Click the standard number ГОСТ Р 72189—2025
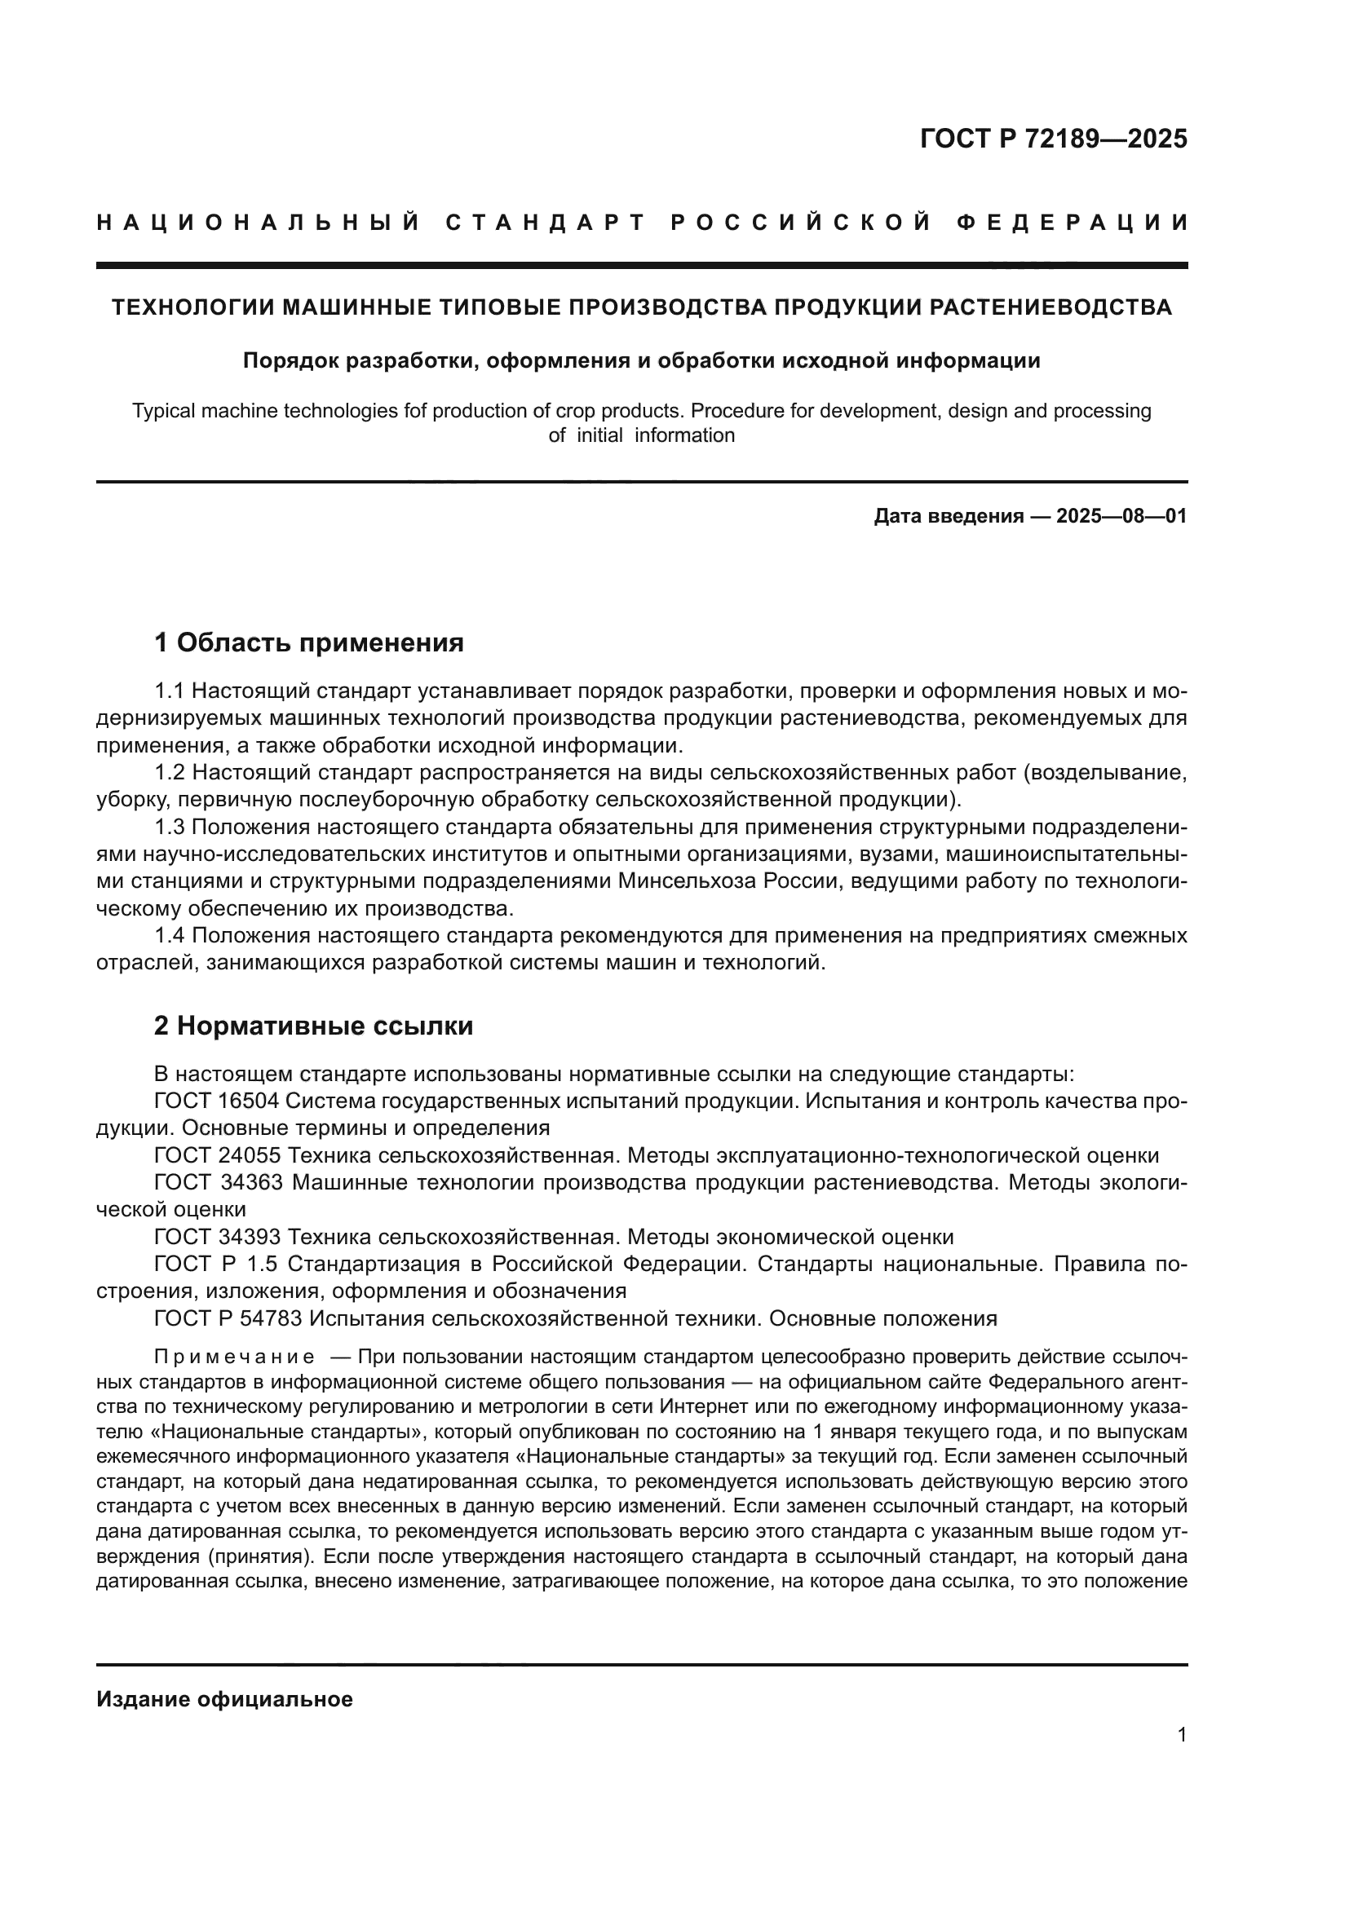(x=1053, y=139)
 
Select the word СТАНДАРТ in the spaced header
(x=546, y=223)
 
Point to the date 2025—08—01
(x=1121, y=517)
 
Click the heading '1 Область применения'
(x=309, y=642)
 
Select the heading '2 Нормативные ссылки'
(x=313, y=1026)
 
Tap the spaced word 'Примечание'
(x=234, y=1358)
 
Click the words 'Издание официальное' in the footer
(x=224, y=1699)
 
